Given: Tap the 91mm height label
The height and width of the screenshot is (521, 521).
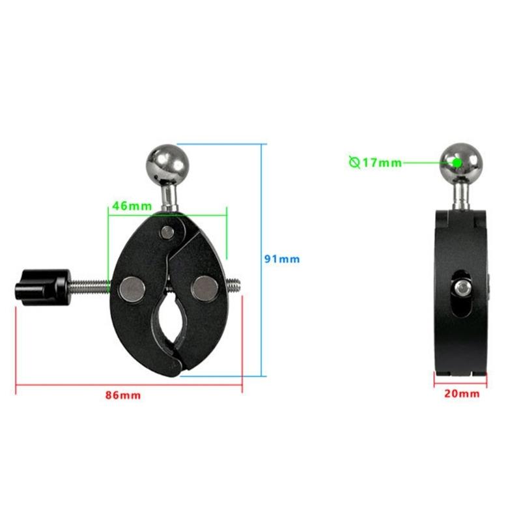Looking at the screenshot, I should point(281,259).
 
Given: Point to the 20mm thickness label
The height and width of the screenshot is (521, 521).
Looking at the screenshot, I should point(461,393).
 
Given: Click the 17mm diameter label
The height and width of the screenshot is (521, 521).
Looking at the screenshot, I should point(381,163).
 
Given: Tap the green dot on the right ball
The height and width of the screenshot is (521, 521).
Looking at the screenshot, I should point(457,162).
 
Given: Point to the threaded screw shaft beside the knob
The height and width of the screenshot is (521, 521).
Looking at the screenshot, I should point(88,285).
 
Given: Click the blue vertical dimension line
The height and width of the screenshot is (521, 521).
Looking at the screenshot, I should point(266,260).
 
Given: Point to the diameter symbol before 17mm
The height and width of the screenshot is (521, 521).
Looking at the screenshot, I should point(354,163).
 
